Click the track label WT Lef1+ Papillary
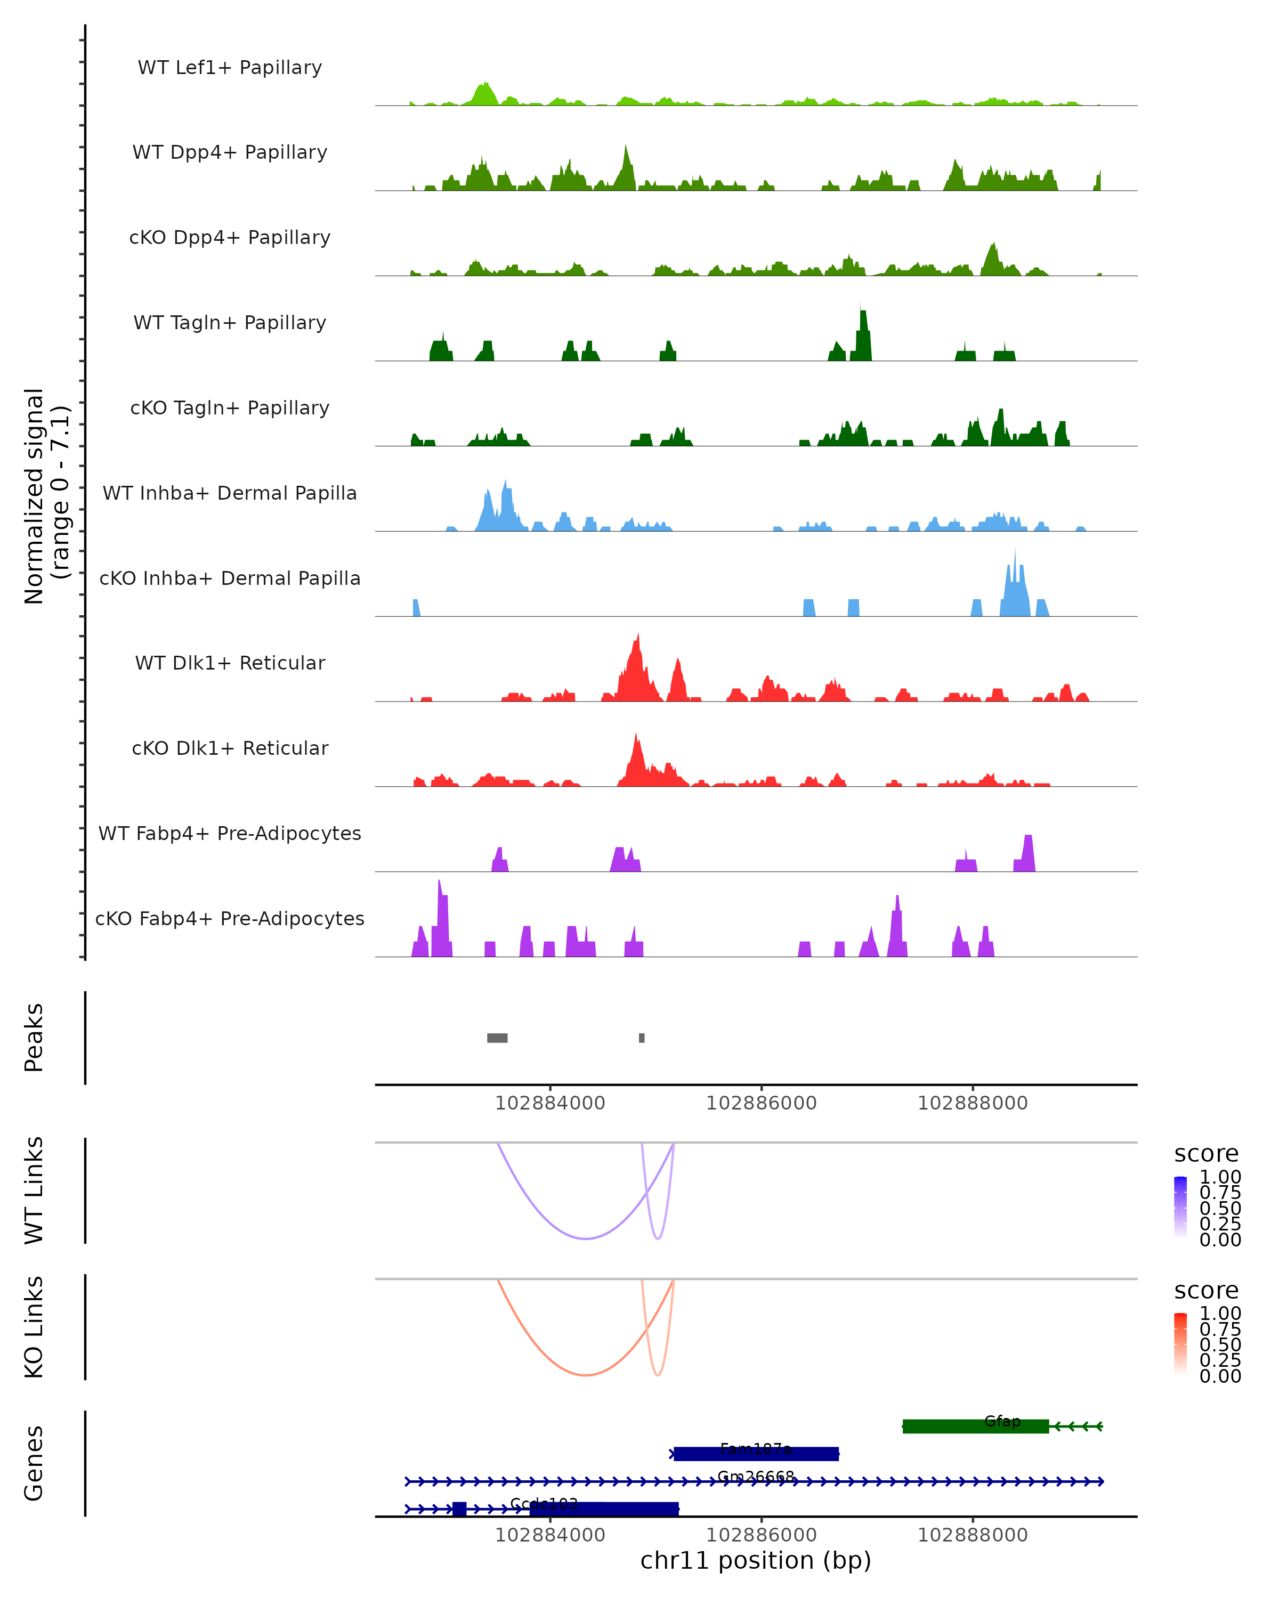click(x=230, y=68)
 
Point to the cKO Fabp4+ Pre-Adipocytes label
click(x=230, y=918)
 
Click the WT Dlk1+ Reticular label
click(x=230, y=663)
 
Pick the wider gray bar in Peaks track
click(x=497, y=1038)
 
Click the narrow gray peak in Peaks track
click(x=641, y=1038)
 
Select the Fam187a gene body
click(x=756, y=1454)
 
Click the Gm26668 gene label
click(x=756, y=1477)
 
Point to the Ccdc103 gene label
click(x=544, y=1504)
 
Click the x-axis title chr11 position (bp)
click(x=756, y=1560)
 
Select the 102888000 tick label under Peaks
click(x=973, y=1103)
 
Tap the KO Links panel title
click(x=34, y=1327)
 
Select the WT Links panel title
click(x=34, y=1191)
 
